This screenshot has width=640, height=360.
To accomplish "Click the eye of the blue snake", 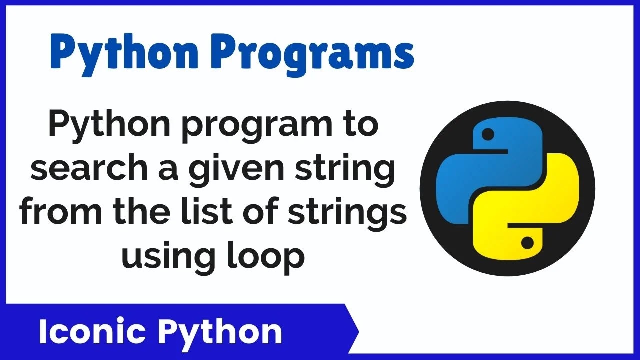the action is (488, 134).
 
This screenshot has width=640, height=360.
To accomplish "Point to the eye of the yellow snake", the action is (527, 243).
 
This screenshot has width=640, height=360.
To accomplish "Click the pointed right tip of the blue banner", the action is (359, 332).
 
